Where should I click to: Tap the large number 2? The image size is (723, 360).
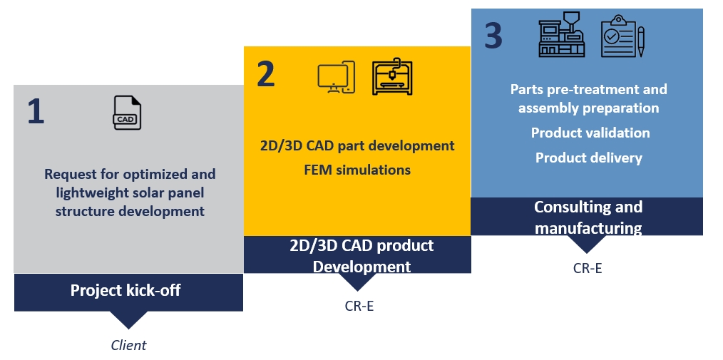coord(265,74)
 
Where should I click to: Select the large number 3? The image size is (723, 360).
coord(493,36)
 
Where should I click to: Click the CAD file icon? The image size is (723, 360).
coord(127,113)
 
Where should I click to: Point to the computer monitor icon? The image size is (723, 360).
coord(336,77)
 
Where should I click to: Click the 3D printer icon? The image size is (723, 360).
coord(392,76)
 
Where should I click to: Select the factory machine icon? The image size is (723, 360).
coord(562,34)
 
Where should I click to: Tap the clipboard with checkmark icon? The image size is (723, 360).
coord(622,36)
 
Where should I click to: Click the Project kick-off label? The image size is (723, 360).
coord(125,290)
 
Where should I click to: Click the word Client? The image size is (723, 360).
coord(128,345)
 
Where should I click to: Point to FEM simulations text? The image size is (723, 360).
coord(357,170)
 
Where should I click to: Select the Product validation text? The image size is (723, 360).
coord(590,133)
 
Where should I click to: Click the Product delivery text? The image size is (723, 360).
coord(589,158)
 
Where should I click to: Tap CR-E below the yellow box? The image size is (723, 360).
coord(359,306)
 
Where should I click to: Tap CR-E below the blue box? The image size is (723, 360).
coord(588,268)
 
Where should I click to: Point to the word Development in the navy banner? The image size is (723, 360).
coord(362,267)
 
